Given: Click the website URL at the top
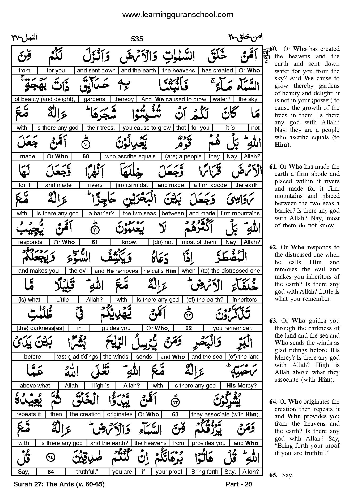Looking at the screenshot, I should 177,15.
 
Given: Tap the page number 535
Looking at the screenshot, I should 137,39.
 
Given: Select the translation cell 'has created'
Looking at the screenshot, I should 217,71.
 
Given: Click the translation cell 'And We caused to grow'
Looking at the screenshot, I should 174,99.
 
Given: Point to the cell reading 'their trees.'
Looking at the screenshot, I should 101,128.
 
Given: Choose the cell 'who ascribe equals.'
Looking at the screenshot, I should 131,156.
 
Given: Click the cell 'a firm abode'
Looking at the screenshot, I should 210,185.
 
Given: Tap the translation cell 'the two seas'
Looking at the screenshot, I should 139,214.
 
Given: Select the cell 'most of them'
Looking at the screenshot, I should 199,242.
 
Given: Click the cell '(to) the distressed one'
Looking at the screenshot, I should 230,271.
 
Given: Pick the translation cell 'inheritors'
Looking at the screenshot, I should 245,300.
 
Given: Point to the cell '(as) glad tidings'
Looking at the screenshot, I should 77,357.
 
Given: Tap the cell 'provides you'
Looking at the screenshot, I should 208,443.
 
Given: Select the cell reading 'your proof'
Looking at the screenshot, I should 169,472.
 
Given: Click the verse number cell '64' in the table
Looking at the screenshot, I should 51,472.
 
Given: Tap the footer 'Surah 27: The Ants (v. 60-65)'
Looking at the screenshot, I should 59,484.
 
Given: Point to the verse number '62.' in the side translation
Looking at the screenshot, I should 273,247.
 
